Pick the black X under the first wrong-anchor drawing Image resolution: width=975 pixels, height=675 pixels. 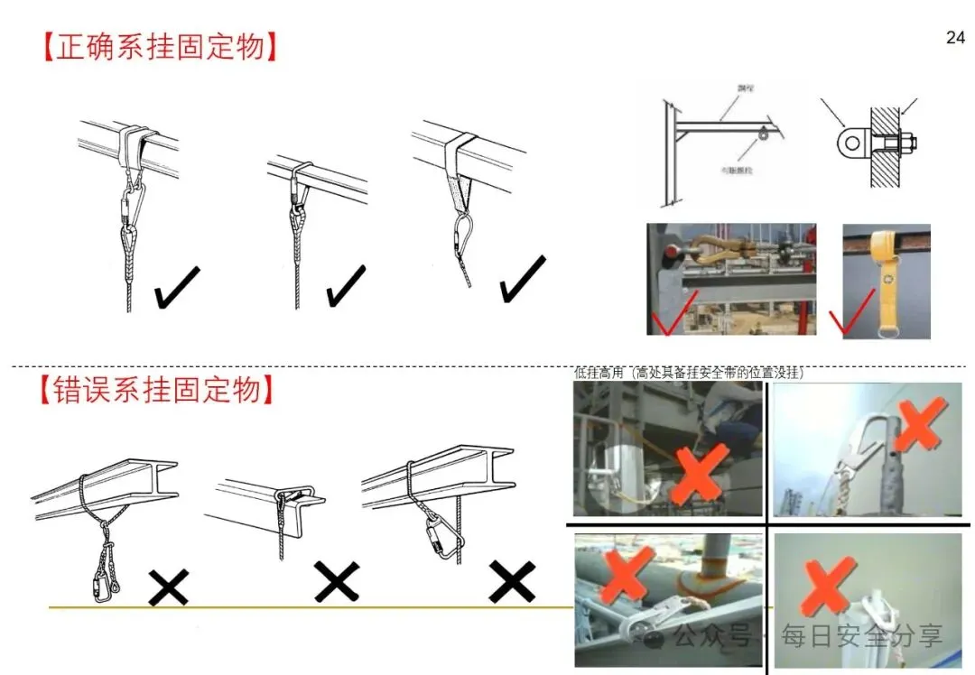168,587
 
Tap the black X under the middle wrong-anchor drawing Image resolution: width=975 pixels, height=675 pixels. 336,581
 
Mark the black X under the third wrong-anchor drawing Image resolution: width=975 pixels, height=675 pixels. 512,582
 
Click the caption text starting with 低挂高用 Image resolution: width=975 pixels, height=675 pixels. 689,372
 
